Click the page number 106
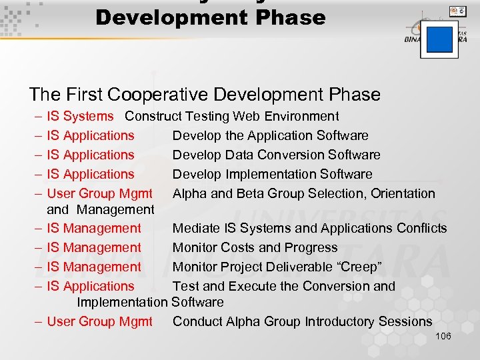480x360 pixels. [443, 336]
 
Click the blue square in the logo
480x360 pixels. [439, 39]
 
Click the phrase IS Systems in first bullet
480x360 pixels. [81, 116]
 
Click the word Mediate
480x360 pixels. [197, 228]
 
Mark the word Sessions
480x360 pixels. [405, 321]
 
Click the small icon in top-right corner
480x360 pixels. [457, 11]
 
